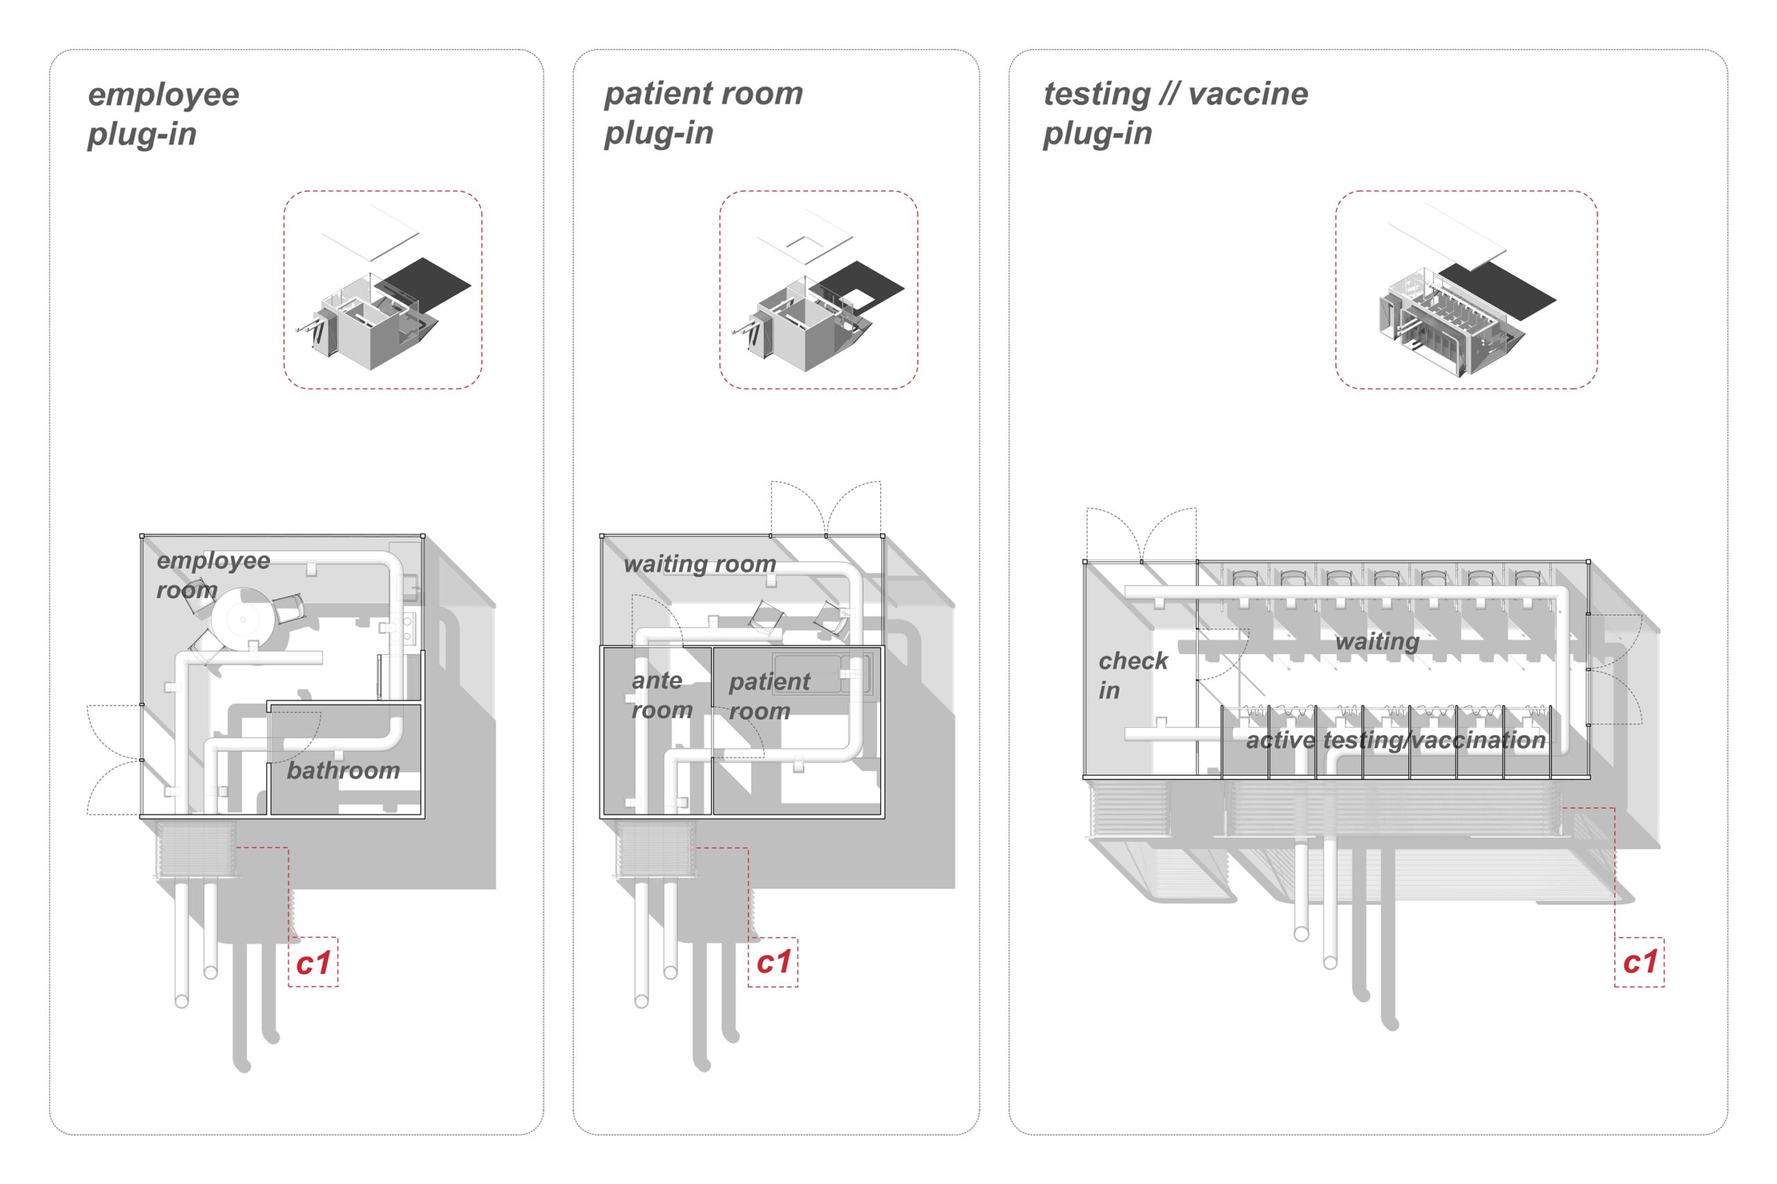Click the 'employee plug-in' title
tap(163, 114)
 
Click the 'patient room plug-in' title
tap(702, 112)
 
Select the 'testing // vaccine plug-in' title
tap(1175, 113)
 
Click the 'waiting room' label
tap(700, 564)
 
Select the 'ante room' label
tap(661, 696)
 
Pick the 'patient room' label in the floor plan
tap(768, 696)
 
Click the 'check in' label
tap(1131, 675)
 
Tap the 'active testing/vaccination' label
tap(1395, 741)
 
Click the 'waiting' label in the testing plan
tap(1376, 642)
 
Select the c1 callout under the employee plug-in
tap(313, 963)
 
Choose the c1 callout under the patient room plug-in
tap(773, 962)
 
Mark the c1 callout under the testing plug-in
tap(1640, 962)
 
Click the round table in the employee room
tap(242, 619)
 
